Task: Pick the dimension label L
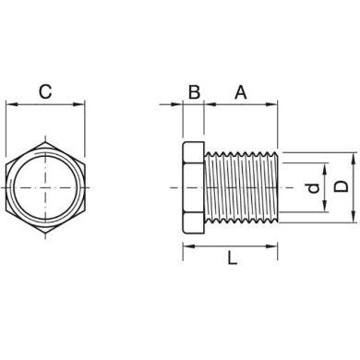(x=231, y=260)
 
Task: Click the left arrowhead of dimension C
(x=10, y=107)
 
